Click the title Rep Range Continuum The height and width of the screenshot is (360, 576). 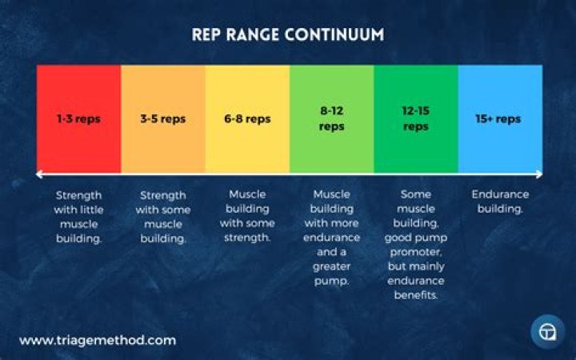(x=287, y=35)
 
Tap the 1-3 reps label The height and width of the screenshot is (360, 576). (x=78, y=119)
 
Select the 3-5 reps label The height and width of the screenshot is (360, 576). (x=162, y=119)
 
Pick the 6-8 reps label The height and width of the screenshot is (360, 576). (x=247, y=119)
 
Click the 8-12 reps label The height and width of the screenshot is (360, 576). (x=331, y=119)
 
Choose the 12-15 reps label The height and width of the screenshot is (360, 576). (x=415, y=119)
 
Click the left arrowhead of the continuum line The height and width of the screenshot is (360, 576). (x=39, y=174)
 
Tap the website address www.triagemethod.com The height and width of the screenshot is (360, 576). (x=98, y=340)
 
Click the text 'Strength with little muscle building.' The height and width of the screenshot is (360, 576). (x=78, y=216)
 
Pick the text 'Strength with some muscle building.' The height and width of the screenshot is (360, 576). (x=162, y=216)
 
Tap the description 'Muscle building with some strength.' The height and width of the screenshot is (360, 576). (x=247, y=216)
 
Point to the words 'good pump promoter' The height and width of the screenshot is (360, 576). (x=416, y=246)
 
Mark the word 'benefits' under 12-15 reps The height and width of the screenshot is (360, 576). (x=416, y=295)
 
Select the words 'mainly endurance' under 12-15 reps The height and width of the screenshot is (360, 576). (x=416, y=274)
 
